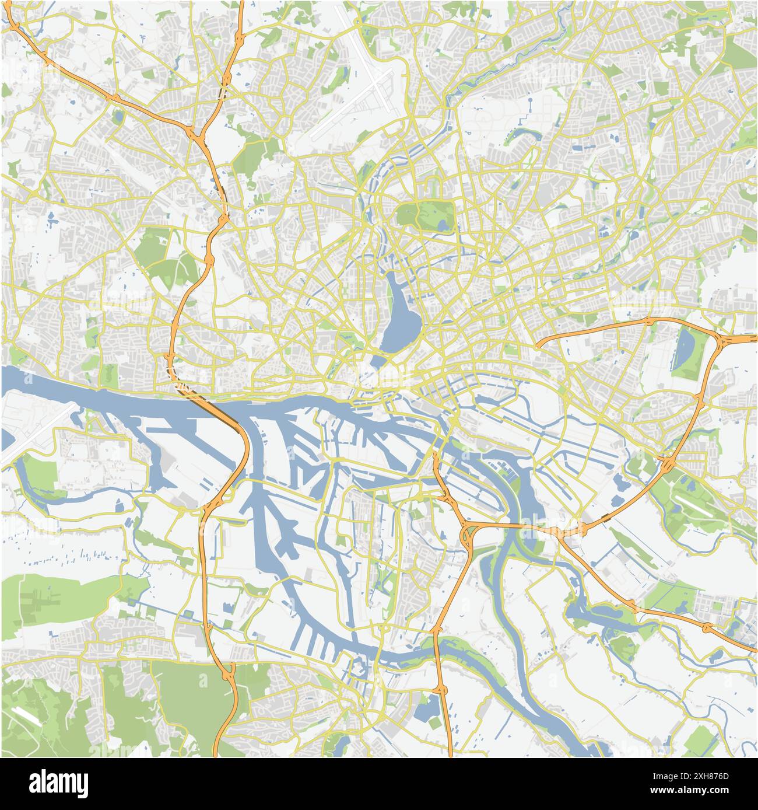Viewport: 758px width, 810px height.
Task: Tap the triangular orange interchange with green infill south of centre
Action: pyautogui.click(x=470, y=534)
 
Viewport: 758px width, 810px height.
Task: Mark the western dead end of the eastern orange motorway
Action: pyautogui.click(x=538, y=344)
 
